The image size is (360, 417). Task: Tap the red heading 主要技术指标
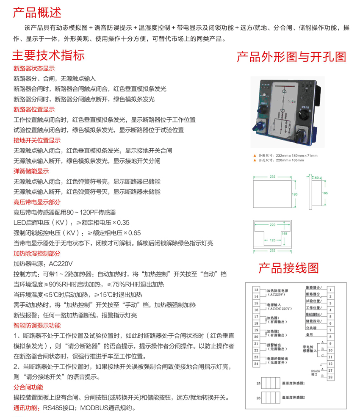click(x=48, y=55)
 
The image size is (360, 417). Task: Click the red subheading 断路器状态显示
click(x=34, y=68)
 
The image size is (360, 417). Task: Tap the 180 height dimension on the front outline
click(x=295, y=194)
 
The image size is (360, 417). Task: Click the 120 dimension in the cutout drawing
click(x=273, y=240)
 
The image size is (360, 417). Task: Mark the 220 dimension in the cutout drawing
click(x=273, y=225)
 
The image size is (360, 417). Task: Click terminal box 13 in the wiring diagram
click(x=256, y=290)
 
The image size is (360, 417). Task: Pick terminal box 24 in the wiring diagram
click(x=256, y=364)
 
